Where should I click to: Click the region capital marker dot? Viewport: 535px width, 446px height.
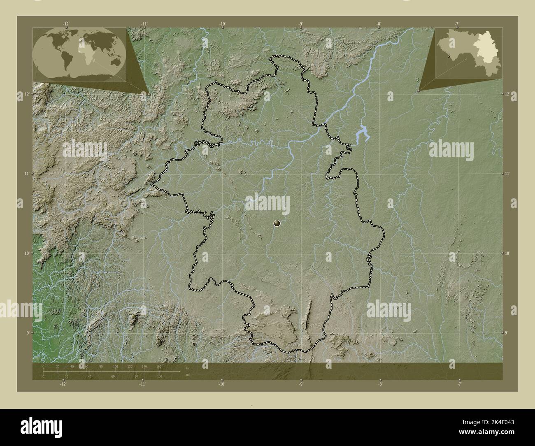(277, 223)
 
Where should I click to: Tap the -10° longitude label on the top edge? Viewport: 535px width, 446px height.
(222, 24)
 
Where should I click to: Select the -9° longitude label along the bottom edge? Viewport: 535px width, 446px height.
(301, 384)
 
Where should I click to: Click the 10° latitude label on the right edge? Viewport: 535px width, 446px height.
(508, 253)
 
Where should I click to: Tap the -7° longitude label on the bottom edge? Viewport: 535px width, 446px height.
(459, 384)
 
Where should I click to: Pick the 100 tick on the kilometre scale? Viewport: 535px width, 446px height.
(115, 367)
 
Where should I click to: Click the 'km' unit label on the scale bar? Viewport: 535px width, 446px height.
(188, 368)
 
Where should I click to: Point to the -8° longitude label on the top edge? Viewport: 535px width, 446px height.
(379, 24)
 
